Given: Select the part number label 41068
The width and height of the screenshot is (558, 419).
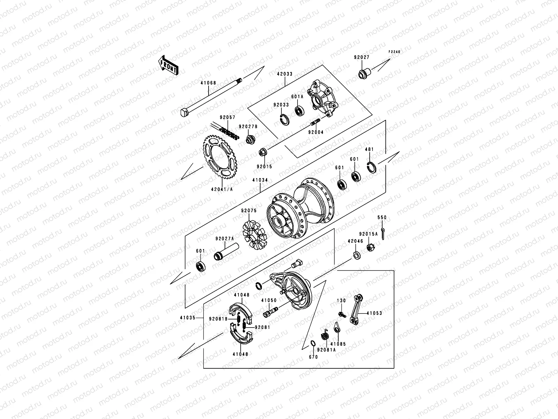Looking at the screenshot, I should pyautogui.click(x=208, y=83).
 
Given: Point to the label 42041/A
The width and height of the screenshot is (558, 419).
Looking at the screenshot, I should pyautogui.click(x=222, y=190).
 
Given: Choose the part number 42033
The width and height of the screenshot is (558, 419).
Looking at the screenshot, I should pyautogui.click(x=285, y=74).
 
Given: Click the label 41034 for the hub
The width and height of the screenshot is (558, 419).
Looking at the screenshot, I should pyautogui.click(x=261, y=180).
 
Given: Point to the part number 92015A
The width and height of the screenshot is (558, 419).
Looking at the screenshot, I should pyautogui.click(x=368, y=234).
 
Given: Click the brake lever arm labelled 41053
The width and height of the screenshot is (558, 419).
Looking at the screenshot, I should pyautogui.click(x=355, y=310).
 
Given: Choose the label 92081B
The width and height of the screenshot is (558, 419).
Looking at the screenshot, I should pyautogui.click(x=218, y=319).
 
